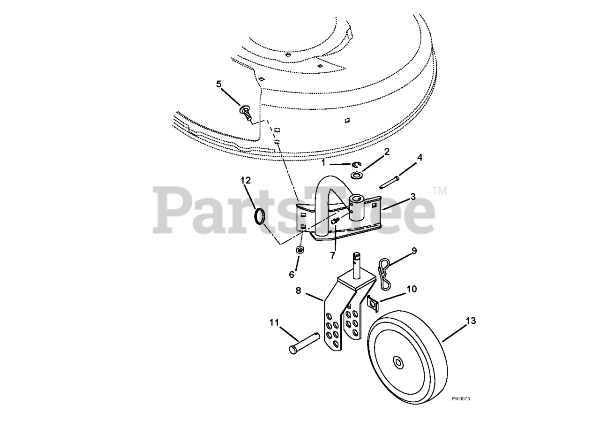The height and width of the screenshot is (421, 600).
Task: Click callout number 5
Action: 219,84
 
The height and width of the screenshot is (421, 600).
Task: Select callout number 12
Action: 246,181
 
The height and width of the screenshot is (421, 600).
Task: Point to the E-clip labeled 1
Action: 357,164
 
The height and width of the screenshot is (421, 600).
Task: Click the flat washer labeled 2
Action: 357,176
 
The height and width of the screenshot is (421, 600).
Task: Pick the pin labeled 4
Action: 389,182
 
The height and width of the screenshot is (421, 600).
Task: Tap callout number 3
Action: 413,197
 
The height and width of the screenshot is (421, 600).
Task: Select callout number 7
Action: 333,255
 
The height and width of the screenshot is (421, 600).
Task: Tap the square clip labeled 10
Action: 373,303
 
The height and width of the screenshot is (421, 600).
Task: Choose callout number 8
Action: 299,291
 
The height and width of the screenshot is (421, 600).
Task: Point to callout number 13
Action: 471,321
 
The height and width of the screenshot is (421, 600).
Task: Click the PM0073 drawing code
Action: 461,406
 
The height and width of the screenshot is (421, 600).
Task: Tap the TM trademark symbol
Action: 440,191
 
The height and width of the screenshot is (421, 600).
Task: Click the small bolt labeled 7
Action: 335,221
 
